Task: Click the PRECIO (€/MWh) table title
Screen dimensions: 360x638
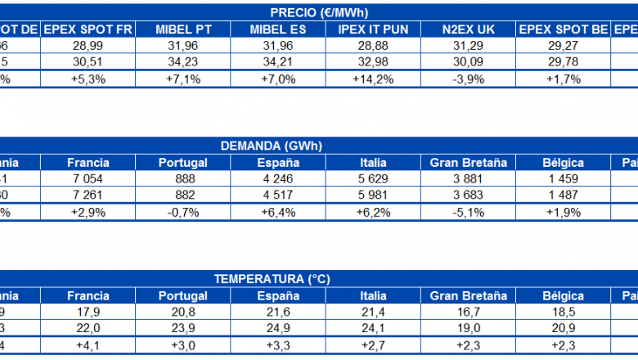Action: click(319, 12)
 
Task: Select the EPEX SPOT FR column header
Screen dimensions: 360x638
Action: click(88, 29)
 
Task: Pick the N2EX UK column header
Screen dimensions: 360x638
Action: click(468, 29)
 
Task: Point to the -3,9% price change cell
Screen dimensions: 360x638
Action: click(468, 79)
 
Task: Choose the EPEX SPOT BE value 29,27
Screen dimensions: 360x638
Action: click(564, 46)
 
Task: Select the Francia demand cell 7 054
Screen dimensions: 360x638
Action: click(88, 179)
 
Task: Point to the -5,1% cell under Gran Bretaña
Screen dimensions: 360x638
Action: click(468, 213)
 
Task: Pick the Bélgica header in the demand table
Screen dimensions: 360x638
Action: click(564, 162)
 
